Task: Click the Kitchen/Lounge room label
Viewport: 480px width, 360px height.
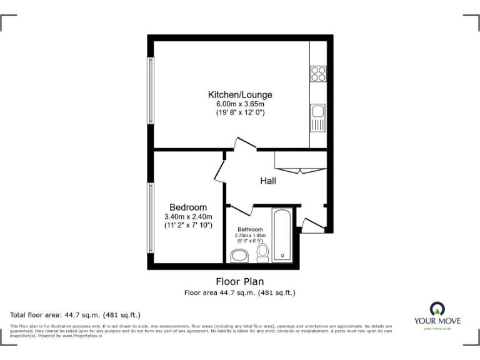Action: click(x=240, y=95)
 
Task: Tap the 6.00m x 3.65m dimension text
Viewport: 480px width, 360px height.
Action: click(x=240, y=104)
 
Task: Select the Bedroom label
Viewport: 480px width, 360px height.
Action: click(x=188, y=207)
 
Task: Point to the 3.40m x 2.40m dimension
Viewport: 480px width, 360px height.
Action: click(x=188, y=216)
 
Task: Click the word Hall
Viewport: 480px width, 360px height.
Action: click(x=268, y=181)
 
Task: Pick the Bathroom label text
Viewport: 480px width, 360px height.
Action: click(x=250, y=229)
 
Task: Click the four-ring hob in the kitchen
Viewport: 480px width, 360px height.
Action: click(x=318, y=74)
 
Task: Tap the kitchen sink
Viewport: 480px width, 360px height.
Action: click(x=317, y=112)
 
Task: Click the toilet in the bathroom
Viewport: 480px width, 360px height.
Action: click(x=263, y=252)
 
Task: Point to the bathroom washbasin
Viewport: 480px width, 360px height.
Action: click(x=239, y=256)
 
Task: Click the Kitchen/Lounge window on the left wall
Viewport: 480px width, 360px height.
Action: click(x=151, y=91)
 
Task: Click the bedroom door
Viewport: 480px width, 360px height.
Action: click(x=221, y=169)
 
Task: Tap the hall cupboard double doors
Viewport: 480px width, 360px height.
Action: click(x=301, y=170)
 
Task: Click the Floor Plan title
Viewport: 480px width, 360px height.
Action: click(x=240, y=281)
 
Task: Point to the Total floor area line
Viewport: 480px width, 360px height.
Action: click(x=76, y=314)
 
